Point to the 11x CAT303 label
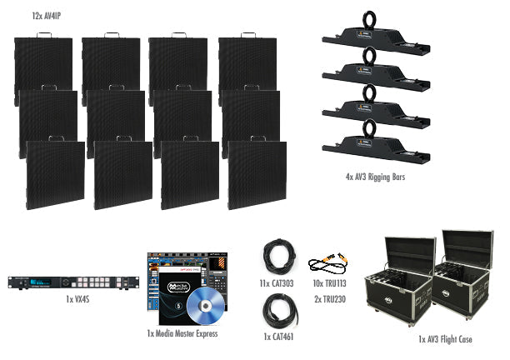(x=277, y=283)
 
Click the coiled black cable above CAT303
(x=277, y=254)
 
